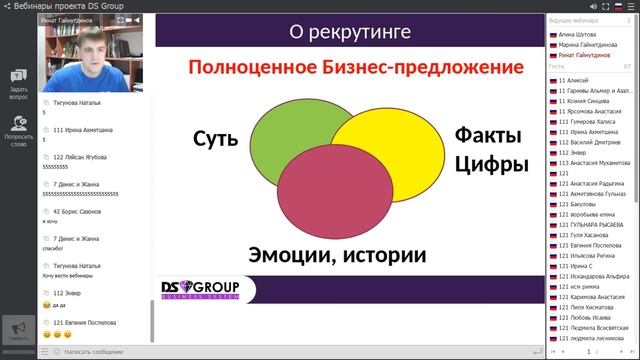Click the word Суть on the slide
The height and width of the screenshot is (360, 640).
point(216,139)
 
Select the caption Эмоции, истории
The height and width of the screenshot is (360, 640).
point(337,255)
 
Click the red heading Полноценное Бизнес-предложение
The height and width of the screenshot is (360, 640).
point(356,69)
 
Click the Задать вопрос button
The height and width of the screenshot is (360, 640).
point(18,84)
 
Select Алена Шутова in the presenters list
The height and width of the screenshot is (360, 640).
point(581,33)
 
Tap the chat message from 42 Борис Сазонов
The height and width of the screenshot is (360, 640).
point(79,212)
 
